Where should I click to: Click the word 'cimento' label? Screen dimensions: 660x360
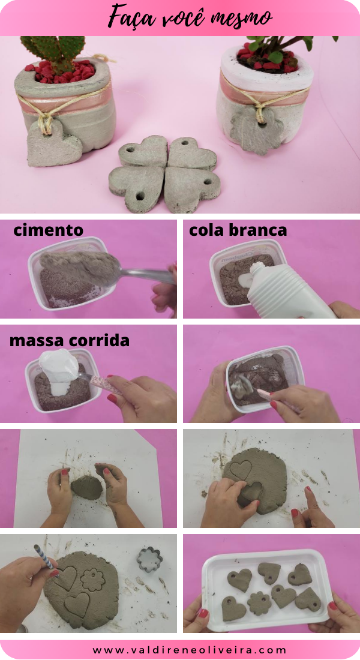pos(48,230)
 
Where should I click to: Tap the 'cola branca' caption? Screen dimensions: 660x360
pos(238,230)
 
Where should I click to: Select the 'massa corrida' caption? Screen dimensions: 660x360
pos(69,341)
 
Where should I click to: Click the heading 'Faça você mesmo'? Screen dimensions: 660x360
pos(190,17)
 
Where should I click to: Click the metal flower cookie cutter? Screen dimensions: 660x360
pos(149,559)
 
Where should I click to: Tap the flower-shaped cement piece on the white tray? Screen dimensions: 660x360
pos(259,603)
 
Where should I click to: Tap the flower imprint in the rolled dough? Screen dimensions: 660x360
pos(93,580)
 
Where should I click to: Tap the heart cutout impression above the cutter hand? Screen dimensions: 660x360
pos(241,469)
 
